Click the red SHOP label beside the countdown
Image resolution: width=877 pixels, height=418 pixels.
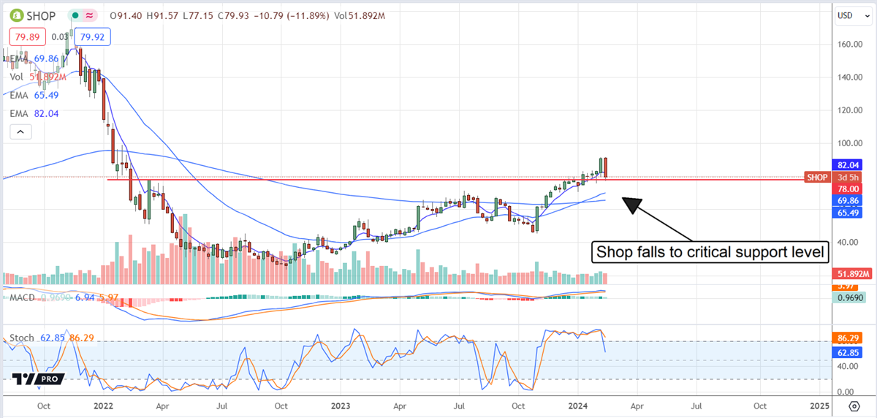click(x=816, y=177)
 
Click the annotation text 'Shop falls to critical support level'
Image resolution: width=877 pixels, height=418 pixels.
click(x=711, y=253)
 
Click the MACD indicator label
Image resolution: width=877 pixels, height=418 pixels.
click(x=21, y=297)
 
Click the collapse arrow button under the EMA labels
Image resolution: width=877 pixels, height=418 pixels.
click(x=20, y=132)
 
